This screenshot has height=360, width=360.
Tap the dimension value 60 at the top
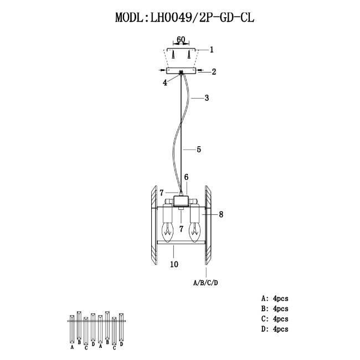point(181,40)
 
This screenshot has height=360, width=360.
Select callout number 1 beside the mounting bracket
point(212,49)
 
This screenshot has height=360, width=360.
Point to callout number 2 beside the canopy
point(214,71)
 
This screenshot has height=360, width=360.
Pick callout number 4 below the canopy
point(164,83)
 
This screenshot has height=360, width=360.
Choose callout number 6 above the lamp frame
point(186,177)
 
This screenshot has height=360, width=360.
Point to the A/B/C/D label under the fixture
point(205,282)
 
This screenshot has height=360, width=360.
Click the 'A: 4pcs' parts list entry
point(277,298)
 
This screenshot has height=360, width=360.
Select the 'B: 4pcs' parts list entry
point(277,308)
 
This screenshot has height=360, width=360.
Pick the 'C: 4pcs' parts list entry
point(277,319)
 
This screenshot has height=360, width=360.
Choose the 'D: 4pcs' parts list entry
point(277,330)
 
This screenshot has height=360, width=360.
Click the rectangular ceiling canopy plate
point(181,71)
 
